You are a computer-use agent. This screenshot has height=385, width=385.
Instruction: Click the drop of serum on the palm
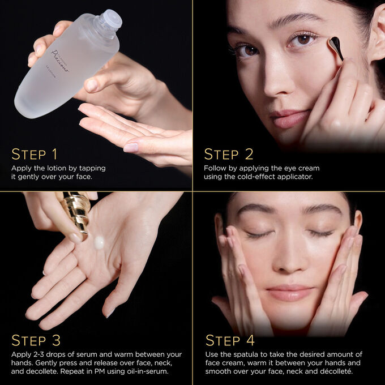coord(100,242)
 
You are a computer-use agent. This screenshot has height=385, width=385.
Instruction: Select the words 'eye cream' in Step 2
coord(303,168)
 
